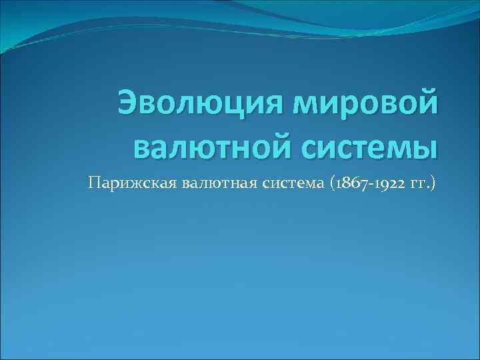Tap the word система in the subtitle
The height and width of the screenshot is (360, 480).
point(284,183)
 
